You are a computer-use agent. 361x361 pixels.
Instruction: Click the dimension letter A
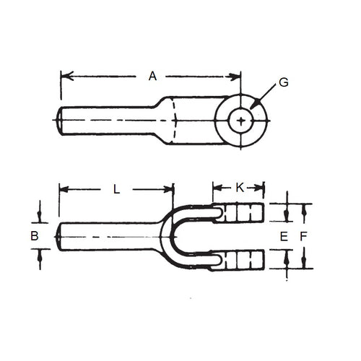click(x=152, y=75)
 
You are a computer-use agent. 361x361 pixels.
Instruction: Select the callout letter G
click(x=283, y=82)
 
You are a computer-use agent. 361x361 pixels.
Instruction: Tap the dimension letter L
click(x=116, y=190)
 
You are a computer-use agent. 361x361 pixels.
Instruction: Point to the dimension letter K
click(x=240, y=188)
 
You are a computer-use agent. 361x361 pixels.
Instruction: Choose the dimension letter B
click(x=33, y=235)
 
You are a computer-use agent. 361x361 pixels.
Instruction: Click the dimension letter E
click(x=283, y=236)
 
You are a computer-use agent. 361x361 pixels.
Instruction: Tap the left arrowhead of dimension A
click(x=64, y=75)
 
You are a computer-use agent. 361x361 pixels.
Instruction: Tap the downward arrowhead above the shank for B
click(x=40, y=219)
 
